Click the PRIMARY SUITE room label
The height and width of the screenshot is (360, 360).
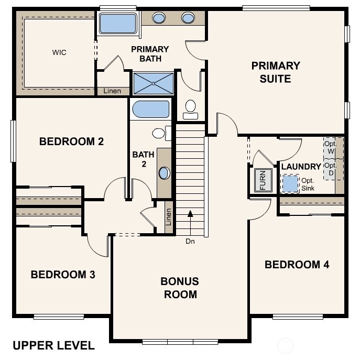tap(276, 72)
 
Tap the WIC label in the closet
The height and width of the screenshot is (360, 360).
tap(59, 52)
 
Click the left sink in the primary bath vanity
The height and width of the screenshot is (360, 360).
tap(159, 18)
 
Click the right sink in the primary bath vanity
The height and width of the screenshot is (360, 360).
tap(188, 18)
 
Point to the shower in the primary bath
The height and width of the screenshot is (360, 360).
tap(153, 83)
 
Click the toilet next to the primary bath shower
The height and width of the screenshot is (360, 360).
tap(191, 107)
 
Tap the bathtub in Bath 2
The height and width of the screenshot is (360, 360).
tap(150, 110)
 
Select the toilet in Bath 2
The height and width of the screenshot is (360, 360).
tap(161, 133)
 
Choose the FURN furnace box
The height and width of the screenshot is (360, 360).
tap(263, 181)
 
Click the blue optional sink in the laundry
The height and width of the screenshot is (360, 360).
tap(289, 184)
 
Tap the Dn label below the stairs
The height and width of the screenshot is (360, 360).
tap(190, 242)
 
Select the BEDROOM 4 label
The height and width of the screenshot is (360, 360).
tap(297, 265)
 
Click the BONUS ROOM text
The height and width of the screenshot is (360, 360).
tap(180, 288)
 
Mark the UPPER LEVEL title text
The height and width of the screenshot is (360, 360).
tap(53, 345)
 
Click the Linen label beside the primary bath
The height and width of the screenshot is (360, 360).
tap(112, 91)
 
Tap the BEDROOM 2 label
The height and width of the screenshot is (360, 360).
tap(71, 141)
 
